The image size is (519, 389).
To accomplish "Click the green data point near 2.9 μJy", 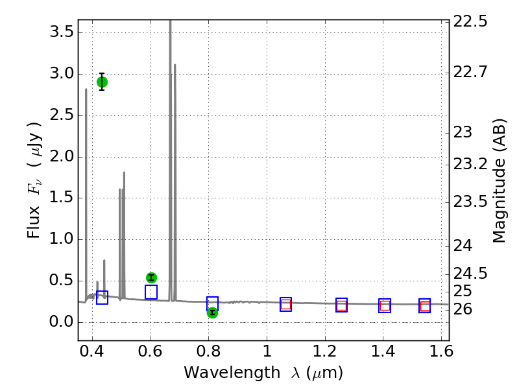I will pyautogui.click(x=102, y=82).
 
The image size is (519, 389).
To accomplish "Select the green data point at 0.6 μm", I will pyautogui.click(x=151, y=277).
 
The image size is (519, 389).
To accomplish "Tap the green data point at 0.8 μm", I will pyautogui.click(x=212, y=312).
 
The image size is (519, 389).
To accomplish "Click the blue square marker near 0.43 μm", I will pyautogui.click(x=102, y=298).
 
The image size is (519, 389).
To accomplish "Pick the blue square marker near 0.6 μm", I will pyautogui.click(x=151, y=292).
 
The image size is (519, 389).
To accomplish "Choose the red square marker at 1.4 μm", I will pyautogui.click(x=385, y=305).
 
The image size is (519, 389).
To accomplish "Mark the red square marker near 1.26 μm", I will pyautogui.click(x=341, y=305).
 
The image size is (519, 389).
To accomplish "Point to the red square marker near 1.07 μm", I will pyautogui.click(x=285, y=304).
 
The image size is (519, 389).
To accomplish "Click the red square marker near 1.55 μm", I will pyautogui.click(x=425, y=306).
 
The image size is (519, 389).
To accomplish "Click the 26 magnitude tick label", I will pyautogui.click(x=465, y=309).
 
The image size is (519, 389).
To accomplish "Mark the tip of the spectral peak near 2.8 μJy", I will pyautogui.click(x=86, y=89).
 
